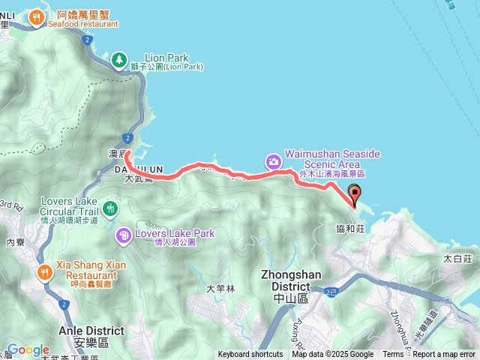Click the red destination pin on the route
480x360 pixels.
[x=355, y=192]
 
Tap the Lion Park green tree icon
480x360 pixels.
[x=118, y=59]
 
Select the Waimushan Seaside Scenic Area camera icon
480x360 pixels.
[x=274, y=160]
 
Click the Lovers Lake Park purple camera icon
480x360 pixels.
[x=123, y=236]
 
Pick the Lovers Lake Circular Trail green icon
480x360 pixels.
[x=111, y=207]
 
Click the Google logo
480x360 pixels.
[x=28, y=349]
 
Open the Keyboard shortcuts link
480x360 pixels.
[x=250, y=355]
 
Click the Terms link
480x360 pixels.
[x=393, y=355]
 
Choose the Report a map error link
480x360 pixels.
[x=445, y=355]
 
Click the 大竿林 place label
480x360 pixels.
[x=220, y=289]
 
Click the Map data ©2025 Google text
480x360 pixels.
[x=332, y=355]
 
